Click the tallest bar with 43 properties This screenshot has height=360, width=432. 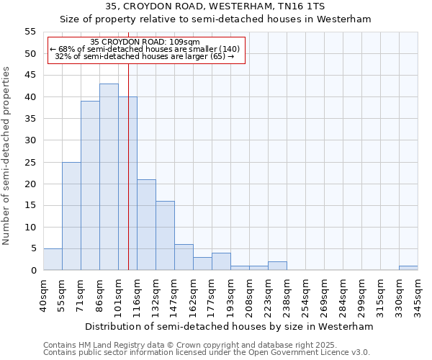109,177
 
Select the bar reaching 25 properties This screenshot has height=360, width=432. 71,216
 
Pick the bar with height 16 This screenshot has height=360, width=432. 165,235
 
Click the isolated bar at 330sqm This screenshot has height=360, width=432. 408,268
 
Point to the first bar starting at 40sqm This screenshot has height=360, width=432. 53,259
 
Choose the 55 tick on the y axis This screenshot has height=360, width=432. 30,32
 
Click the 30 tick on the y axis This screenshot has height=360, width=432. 30,140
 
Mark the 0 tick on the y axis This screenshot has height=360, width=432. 33,271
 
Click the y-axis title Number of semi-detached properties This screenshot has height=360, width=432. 7,156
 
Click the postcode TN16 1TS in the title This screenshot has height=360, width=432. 327,6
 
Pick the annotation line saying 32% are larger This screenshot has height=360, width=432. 145,56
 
